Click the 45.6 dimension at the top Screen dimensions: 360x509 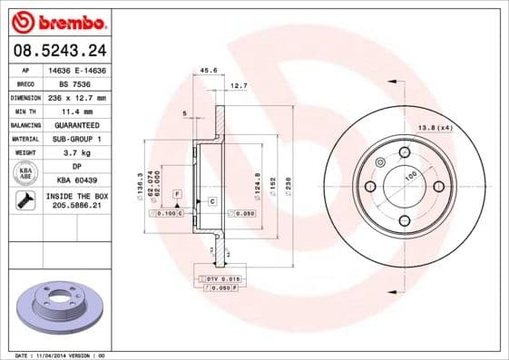pos(208,70)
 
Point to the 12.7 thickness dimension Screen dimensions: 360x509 pos(239,85)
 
